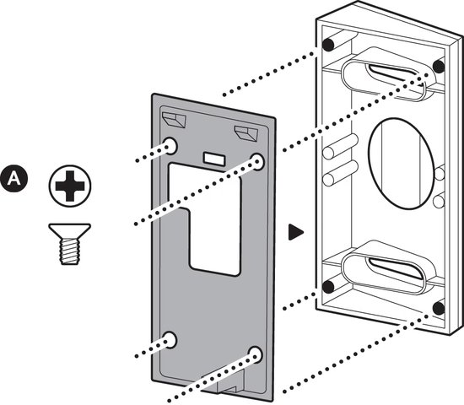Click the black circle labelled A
pos(13,178)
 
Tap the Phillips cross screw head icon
pos(70,186)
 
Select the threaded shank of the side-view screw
pos(70,251)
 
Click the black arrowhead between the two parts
pos(295,232)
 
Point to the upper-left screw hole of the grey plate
pos(170,145)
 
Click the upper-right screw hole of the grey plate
pos(257,162)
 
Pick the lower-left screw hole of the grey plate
pos(170,339)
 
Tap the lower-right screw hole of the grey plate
pos(256,354)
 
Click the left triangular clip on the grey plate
pos(174,119)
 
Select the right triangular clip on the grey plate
pos(245,133)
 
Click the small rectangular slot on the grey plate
pos(213,159)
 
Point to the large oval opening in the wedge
pos(402,164)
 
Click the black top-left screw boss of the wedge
pos(328,45)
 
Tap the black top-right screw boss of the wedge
pos(439,67)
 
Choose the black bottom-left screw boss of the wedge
pos(328,286)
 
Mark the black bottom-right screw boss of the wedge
pos(439,309)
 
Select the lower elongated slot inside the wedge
pos(390,269)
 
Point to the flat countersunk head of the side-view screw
pos(70,231)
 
